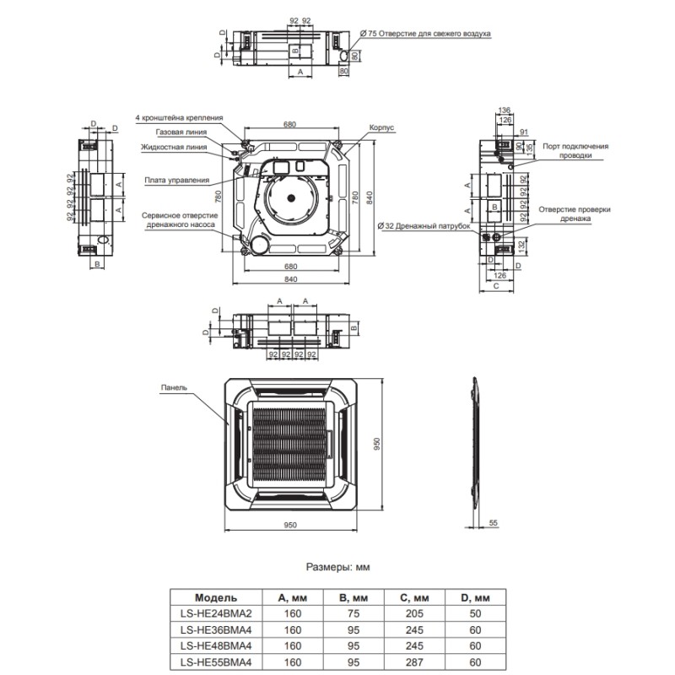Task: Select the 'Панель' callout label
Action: pyautogui.click(x=173, y=388)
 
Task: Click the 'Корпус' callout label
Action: pyautogui.click(x=381, y=127)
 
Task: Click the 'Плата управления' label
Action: pyautogui.click(x=177, y=180)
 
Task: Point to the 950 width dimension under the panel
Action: pyautogui.click(x=294, y=537)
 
